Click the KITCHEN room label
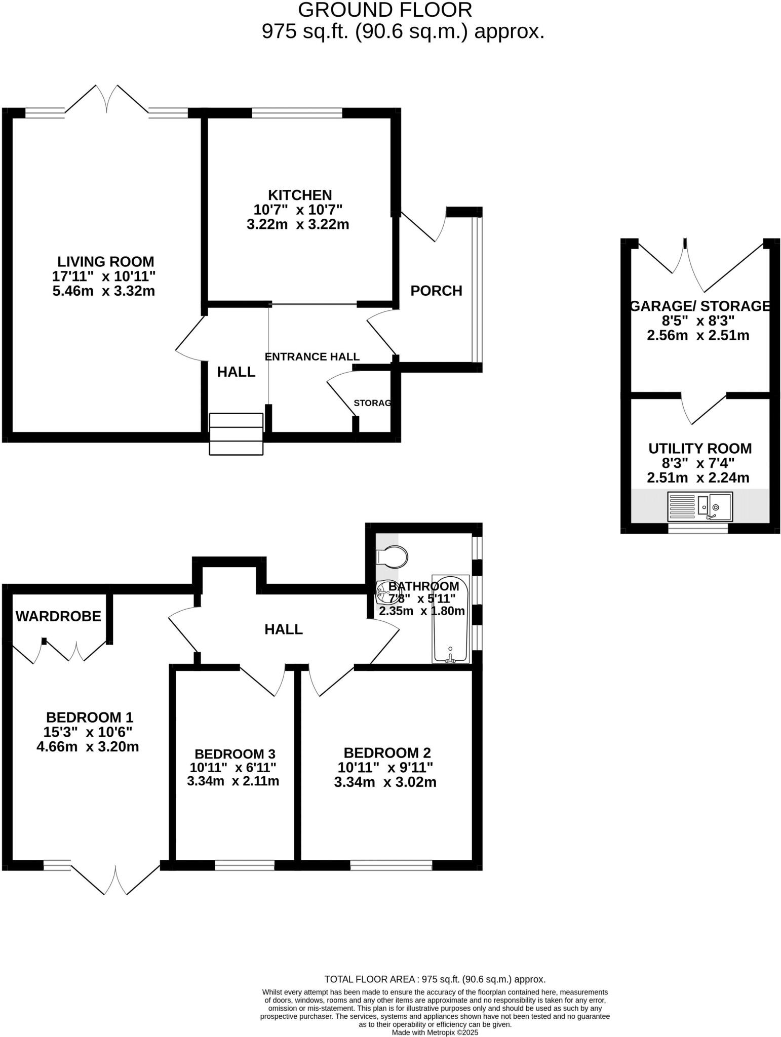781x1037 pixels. tap(299, 195)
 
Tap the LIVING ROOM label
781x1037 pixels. tap(105, 262)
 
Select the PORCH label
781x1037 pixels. tap(436, 291)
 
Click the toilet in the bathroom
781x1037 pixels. tap(392, 557)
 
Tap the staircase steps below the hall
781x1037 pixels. tap(236, 434)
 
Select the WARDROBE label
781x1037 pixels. tap(58, 616)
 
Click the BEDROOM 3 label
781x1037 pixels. tap(235, 754)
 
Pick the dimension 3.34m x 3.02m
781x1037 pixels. tap(385, 782)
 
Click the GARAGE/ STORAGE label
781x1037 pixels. tap(700, 306)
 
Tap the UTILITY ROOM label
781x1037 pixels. tap(700, 448)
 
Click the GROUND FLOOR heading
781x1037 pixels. tap(385, 10)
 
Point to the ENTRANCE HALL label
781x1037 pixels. tap(312, 356)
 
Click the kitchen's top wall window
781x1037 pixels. tap(297, 113)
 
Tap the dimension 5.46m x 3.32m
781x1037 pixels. tap(104, 291)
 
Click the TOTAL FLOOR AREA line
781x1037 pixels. tap(435, 979)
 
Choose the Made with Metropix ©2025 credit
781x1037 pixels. tap(435, 1032)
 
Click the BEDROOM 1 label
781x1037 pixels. tap(89, 717)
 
